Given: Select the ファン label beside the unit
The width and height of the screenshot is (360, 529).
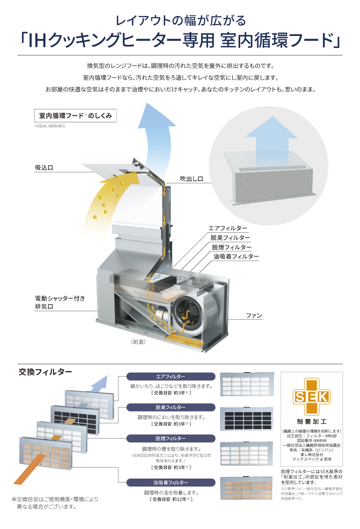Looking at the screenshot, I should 254,316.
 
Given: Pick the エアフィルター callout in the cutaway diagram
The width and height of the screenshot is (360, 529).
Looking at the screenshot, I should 228,228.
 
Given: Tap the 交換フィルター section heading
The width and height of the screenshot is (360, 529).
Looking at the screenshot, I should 45,372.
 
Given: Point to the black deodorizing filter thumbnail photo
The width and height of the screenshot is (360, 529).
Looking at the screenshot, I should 247,421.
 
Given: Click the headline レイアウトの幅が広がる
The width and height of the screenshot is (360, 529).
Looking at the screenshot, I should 180,21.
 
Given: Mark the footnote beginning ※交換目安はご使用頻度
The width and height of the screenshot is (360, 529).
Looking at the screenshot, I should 55,503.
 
